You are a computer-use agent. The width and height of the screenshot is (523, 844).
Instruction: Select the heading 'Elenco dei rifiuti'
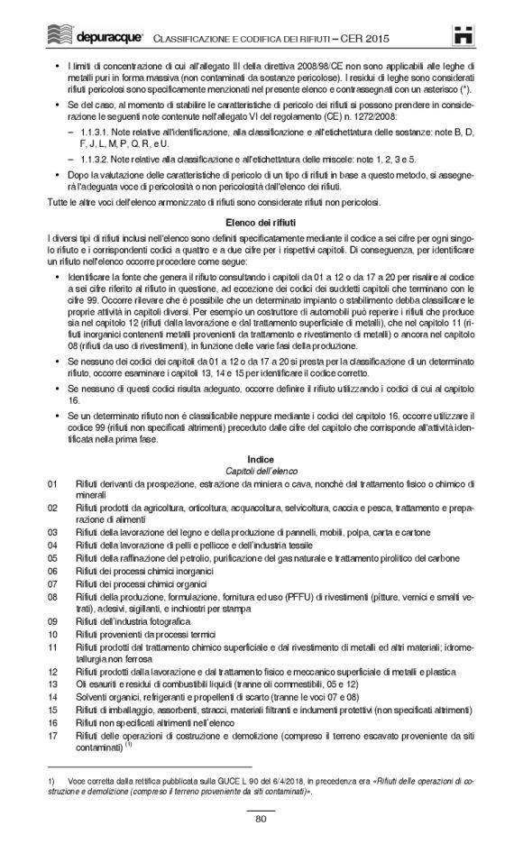click(261, 221)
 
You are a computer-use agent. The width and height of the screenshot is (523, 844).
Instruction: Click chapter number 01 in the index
click(52, 484)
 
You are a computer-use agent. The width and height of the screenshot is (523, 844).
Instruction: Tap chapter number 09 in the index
click(52, 621)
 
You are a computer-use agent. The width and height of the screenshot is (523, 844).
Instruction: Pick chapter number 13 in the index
click(52, 684)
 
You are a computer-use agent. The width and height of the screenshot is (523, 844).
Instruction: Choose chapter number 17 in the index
click(52, 735)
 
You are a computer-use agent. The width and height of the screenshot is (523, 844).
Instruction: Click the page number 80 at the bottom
click(261, 819)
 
